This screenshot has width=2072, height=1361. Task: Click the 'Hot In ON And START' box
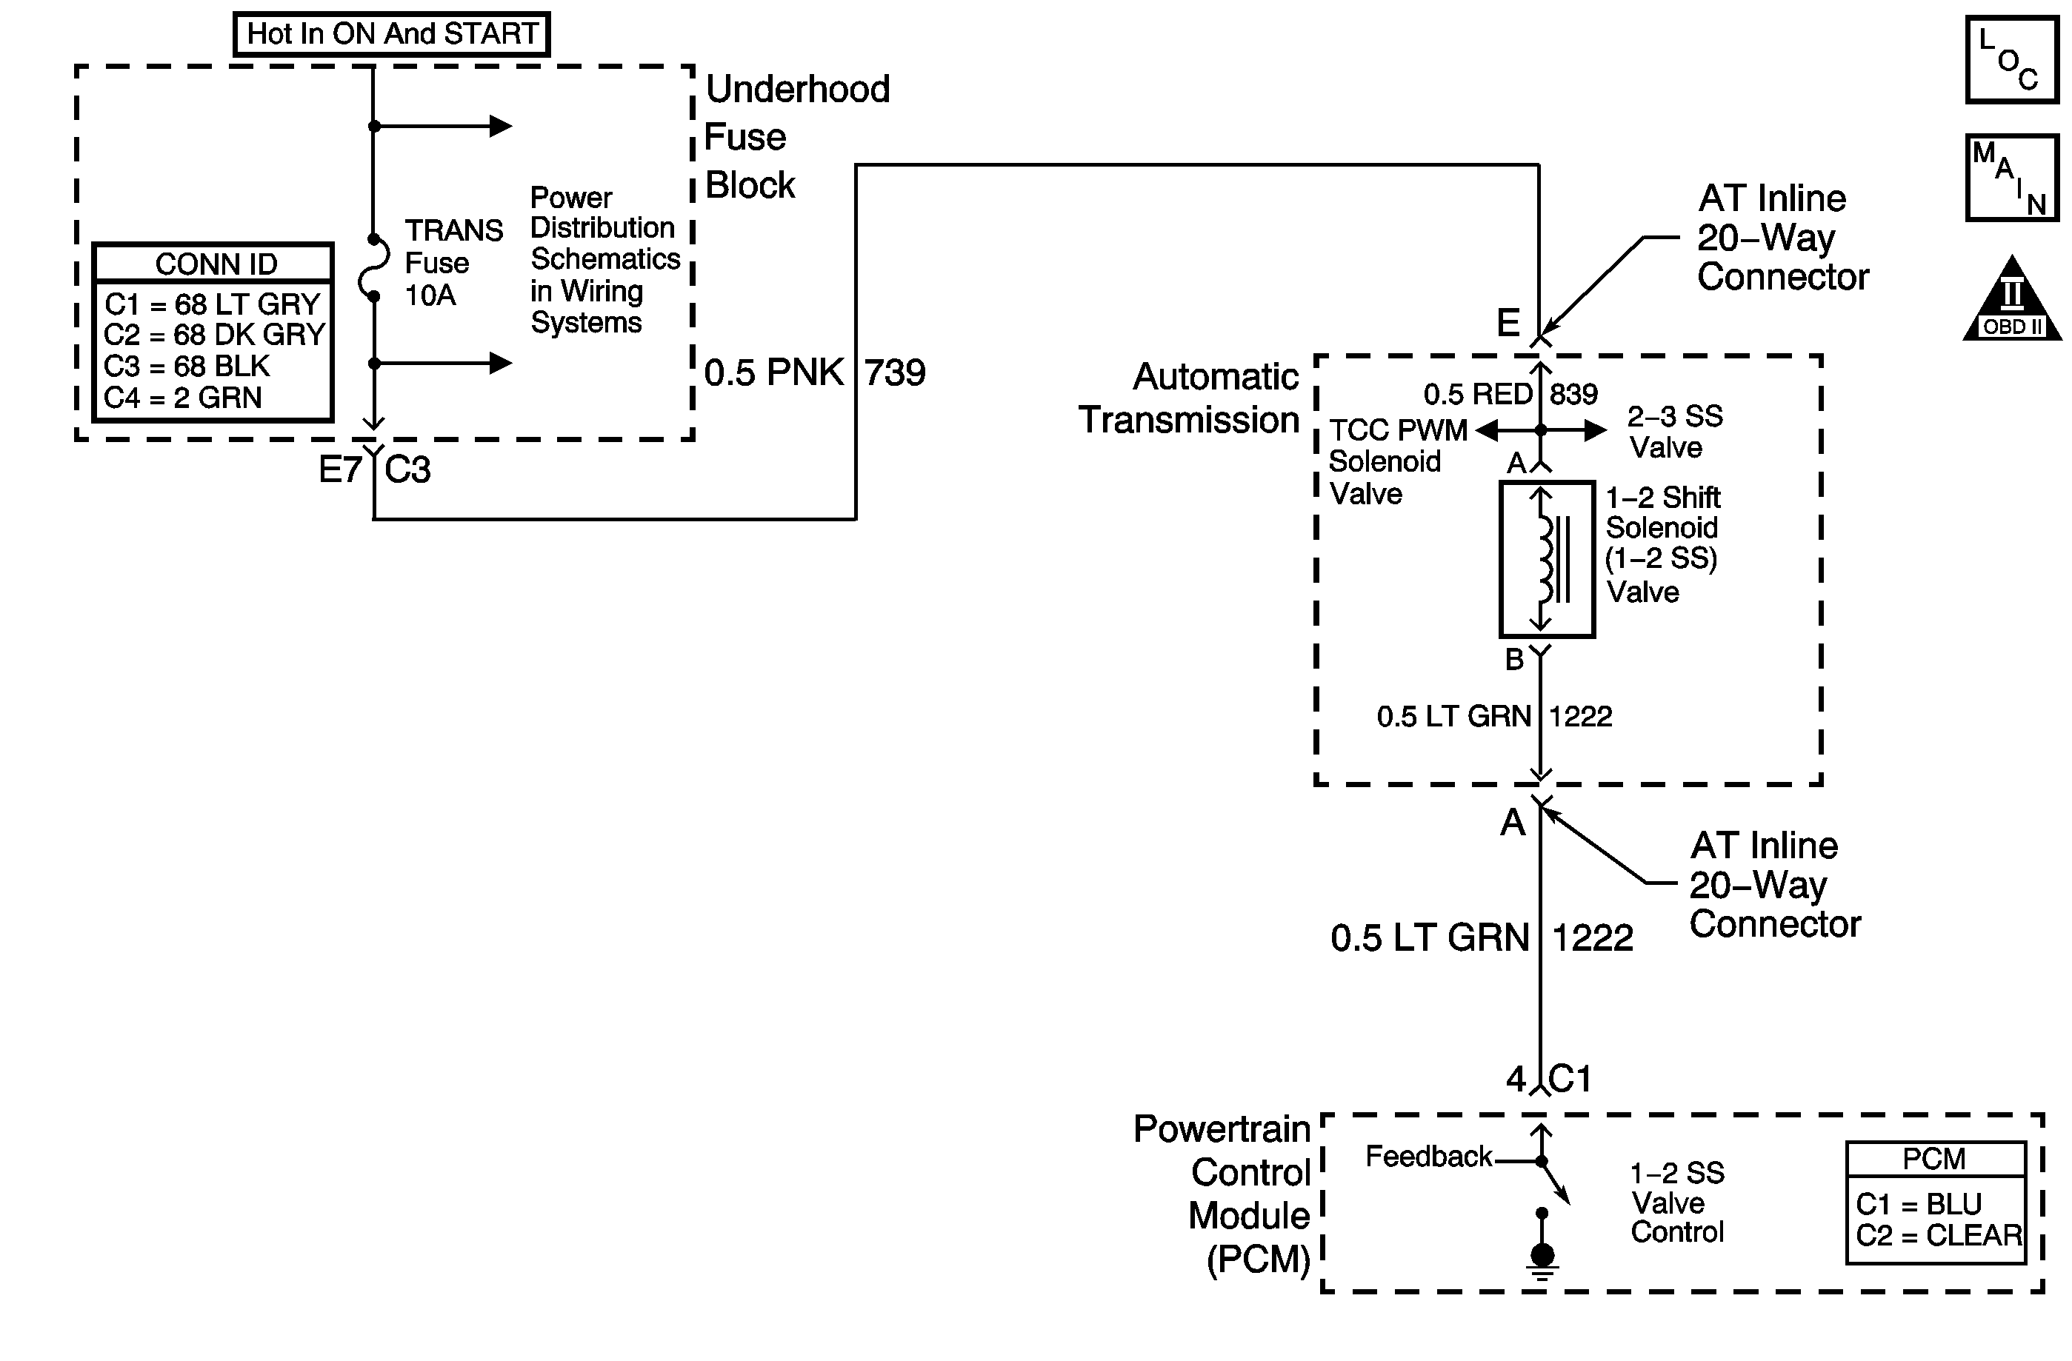tap(392, 34)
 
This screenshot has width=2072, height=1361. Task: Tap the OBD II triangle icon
tap(2012, 298)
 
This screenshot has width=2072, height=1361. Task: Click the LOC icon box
tap(2012, 60)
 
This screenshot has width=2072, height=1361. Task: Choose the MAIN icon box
tap(2012, 178)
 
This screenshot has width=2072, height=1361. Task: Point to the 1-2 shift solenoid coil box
tap(1546, 560)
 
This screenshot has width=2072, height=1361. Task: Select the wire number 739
tap(895, 372)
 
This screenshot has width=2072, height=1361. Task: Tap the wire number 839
tap(1574, 394)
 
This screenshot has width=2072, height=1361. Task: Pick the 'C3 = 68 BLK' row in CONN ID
tap(187, 367)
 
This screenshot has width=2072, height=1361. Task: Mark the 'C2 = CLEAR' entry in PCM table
tap(1938, 1235)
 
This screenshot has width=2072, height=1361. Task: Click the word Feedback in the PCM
tap(1429, 1157)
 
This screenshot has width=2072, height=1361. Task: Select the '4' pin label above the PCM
tap(1516, 1080)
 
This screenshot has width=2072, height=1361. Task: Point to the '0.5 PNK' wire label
tap(774, 372)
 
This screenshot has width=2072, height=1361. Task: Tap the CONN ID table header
tap(215, 264)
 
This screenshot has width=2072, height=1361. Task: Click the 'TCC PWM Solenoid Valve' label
tap(1398, 462)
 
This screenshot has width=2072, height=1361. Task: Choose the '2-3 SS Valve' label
tap(1675, 432)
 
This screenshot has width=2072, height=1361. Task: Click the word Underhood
tap(797, 89)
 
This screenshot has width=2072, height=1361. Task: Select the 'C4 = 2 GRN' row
tap(183, 398)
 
